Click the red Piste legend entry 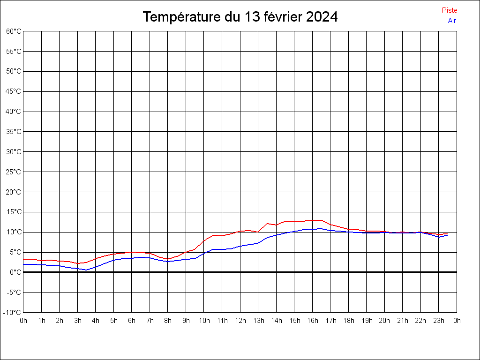(x=449, y=10)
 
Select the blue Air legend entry (x=452, y=21)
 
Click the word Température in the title (x=182, y=17)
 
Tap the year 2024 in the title (x=322, y=17)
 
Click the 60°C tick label (x=14, y=31)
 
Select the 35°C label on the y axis (x=14, y=132)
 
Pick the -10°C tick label (x=13, y=313)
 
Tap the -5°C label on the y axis (x=14, y=292)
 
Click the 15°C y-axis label (x=14, y=212)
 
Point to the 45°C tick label (x=14, y=91)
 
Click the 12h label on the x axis (x=240, y=321)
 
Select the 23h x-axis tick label (x=438, y=321)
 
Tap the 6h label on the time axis (x=132, y=321)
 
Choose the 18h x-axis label (x=348, y=321)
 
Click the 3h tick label (x=77, y=321)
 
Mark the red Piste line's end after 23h (x=447, y=233)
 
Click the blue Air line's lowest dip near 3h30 (x=86, y=270)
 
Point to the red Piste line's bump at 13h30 (x=267, y=224)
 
